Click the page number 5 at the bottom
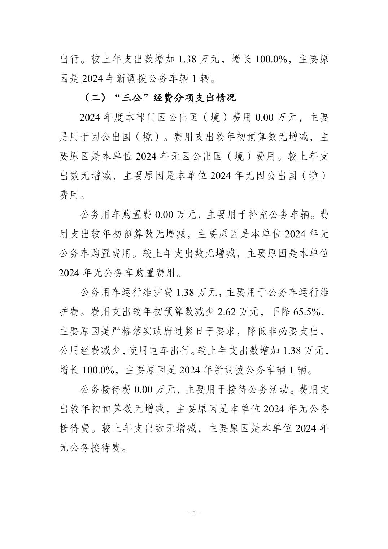194,513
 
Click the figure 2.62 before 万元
227,312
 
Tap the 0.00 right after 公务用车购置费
164,215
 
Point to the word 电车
159,351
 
